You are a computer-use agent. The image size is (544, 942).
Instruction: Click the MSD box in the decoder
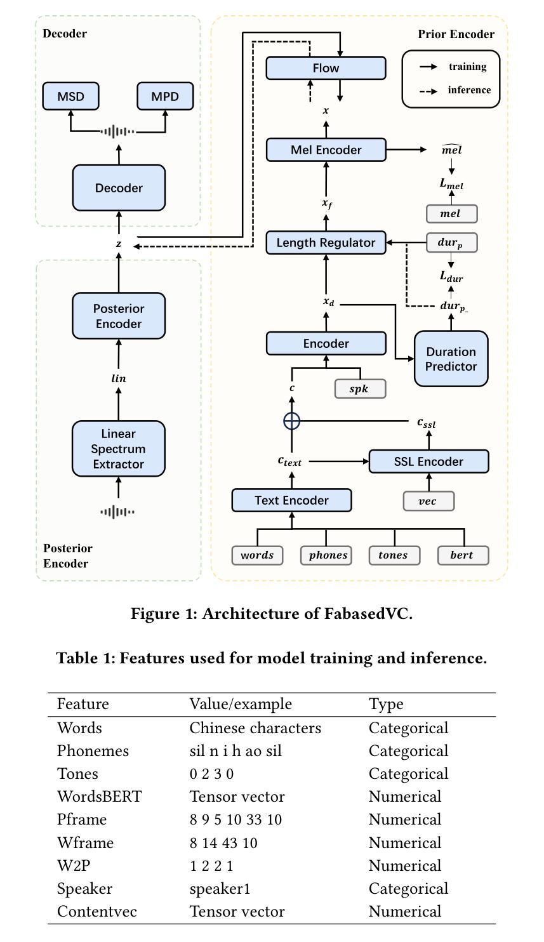point(70,96)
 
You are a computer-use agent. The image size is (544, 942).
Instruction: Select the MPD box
point(165,96)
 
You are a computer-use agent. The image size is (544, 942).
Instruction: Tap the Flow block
point(326,68)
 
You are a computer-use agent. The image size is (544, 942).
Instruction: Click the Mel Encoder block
point(326,150)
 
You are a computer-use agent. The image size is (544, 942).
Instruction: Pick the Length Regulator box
point(326,242)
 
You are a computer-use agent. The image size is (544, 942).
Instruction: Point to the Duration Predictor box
point(451,359)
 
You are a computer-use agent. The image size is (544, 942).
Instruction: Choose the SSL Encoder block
point(428,461)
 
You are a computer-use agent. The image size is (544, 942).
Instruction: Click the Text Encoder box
point(291,500)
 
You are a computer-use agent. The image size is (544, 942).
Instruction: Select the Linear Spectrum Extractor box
point(119,449)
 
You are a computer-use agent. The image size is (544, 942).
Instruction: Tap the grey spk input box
point(360,388)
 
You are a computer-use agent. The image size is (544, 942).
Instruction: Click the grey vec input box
point(428,500)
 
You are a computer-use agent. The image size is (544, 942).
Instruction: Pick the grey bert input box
point(463,555)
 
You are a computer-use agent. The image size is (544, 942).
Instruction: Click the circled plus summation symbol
point(291,420)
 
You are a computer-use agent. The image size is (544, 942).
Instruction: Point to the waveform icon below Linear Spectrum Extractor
point(117,511)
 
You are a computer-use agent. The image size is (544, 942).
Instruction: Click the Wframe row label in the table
point(85,842)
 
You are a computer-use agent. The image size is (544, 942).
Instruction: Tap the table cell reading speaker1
point(220,888)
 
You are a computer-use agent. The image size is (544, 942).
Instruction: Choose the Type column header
point(386,704)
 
